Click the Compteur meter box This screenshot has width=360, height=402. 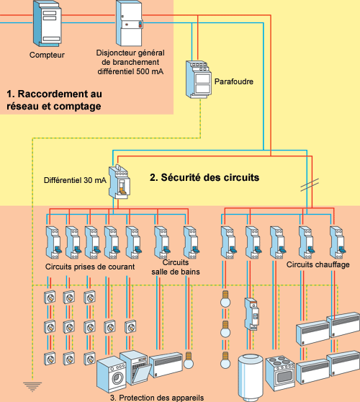pos(48,24)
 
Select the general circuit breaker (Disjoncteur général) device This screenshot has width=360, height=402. pos(129,23)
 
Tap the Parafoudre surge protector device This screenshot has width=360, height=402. pos(198,79)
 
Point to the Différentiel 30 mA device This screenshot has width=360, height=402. pos(119,182)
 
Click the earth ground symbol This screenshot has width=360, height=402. pos(32,387)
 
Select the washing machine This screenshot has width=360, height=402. pos(112,375)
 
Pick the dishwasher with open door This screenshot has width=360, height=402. pos(135,368)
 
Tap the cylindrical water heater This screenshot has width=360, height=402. pos(251,378)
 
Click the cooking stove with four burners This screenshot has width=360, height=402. pos(281,373)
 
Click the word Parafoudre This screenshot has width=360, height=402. pos(234,81)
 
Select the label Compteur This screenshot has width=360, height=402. pos(47,55)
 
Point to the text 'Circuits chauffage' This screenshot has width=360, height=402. pos(318,264)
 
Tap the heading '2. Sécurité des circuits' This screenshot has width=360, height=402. pos(204,177)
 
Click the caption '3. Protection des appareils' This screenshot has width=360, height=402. pos(157,398)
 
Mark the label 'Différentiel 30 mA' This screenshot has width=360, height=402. pos(75,180)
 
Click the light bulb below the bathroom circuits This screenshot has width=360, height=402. pos(189,360)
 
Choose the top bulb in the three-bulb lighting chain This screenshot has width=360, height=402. pos(225,299)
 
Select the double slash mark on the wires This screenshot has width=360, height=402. pos(310,184)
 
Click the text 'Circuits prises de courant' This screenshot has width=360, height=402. pos(90,267)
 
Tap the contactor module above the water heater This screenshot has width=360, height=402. pos(251,314)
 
